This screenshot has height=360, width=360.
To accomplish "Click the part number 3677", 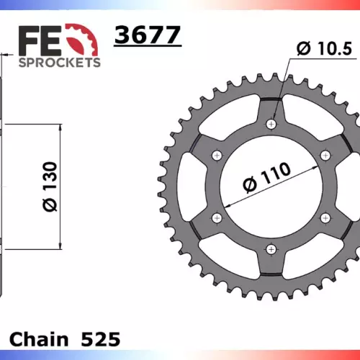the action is click(148, 35).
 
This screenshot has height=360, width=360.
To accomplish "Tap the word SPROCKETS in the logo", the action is click(60, 63).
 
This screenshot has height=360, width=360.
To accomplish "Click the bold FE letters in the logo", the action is click(40, 41).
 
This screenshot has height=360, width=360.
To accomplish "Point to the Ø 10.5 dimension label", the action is click(324, 48).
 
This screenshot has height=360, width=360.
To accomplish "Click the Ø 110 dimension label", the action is click(266, 177).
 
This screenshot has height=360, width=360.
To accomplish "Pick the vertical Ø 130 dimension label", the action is click(50, 186).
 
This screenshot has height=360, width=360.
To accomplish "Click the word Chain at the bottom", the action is click(39, 339).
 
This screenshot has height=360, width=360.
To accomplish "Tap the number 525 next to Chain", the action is click(101, 339).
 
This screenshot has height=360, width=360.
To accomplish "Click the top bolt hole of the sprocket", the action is click(271, 124).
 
